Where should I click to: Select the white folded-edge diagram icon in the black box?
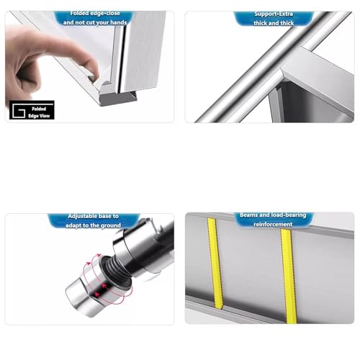[x=20, y=112]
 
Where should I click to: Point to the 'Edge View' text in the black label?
[x=41, y=114]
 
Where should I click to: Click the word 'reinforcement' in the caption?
[x=268, y=225]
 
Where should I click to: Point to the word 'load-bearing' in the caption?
[x=284, y=215]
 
